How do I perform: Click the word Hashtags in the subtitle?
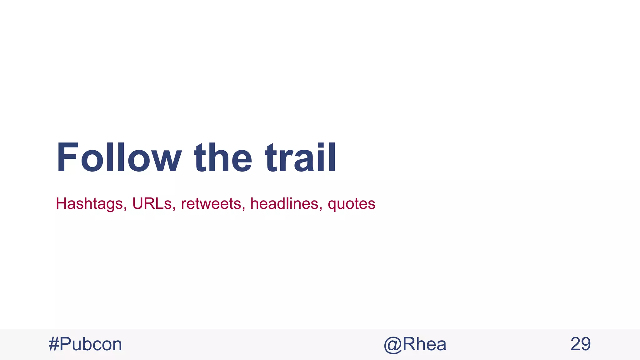[89, 204]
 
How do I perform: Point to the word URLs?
[152, 203]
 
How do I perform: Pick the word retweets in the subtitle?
[211, 203]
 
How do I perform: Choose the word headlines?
[284, 203]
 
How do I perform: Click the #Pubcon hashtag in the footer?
[85, 344]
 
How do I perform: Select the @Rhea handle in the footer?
[415, 344]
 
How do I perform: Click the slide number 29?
[580, 344]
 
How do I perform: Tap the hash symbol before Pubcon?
[54, 344]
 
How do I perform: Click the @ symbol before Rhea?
[392, 345]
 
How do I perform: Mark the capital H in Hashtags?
[61, 203]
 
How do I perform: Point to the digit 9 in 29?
[586, 344]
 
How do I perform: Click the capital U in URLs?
[137, 203]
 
